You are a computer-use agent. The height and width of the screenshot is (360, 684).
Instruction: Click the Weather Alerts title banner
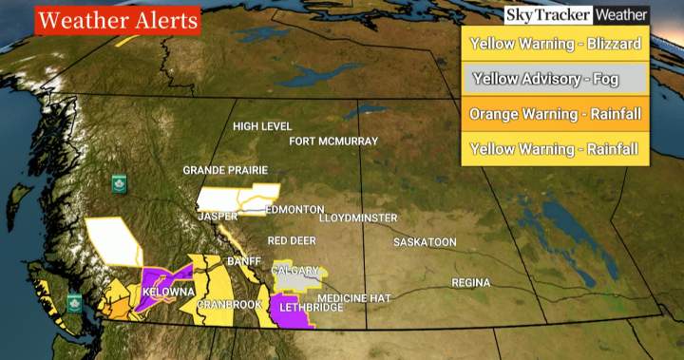pos(117,20)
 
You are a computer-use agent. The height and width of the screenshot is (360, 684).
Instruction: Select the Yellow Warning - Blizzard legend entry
pos(555,43)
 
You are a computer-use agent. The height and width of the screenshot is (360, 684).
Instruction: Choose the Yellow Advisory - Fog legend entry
pos(555,79)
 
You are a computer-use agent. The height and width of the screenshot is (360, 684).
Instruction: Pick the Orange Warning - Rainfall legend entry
pos(555,114)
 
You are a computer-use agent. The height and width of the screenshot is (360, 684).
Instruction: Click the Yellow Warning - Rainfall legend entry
pos(555,148)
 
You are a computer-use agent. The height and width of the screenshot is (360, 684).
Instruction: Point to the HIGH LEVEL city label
pos(263,126)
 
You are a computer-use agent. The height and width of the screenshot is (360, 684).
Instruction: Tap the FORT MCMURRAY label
pos(333,142)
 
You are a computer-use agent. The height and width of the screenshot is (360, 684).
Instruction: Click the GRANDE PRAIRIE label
pos(218,171)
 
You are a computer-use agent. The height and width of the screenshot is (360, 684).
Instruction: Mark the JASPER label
pos(217,217)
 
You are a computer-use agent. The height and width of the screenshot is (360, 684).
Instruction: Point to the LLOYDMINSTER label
pos(358,218)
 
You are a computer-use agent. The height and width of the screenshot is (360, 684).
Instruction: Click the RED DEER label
pos(291,241)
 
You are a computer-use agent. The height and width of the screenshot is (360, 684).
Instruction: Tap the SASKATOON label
pos(425,242)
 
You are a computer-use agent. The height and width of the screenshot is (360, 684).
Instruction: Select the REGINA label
pos(470,283)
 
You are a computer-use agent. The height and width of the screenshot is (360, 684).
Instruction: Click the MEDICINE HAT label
pos(353,298)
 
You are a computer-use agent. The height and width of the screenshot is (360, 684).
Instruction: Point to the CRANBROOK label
pos(228,305)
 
